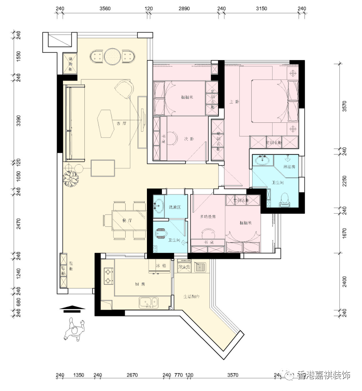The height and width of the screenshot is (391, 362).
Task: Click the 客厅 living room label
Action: coord(122,123)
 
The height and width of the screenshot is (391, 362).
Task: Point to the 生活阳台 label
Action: coord(192,297)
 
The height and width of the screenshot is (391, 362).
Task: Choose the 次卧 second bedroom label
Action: coord(189,139)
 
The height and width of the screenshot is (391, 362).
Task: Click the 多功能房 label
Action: coord(208,217)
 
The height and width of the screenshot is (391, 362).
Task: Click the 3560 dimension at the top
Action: coord(105,9)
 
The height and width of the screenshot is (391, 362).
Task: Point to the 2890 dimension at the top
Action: coord(184,9)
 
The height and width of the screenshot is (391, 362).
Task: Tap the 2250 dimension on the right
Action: coord(345,181)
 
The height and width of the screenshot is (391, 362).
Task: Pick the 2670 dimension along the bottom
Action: coord(132,376)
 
